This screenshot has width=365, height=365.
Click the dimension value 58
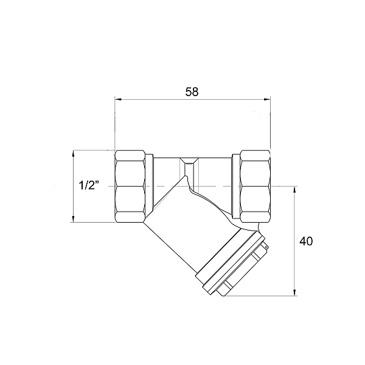pos(192,92)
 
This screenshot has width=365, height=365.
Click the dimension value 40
pos(306,241)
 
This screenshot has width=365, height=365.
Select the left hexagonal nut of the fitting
pos(131,186)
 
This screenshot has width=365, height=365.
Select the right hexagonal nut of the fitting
pos(255,186)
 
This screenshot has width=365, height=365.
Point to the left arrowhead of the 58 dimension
pos(117,99)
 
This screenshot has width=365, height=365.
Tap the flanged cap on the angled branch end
pos(234,262)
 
